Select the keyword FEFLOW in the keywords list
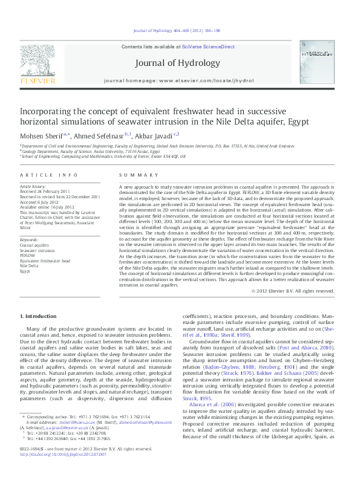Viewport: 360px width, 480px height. [27, 255]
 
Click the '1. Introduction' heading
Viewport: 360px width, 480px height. [39, 317]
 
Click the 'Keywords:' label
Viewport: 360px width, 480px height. [30, 239]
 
